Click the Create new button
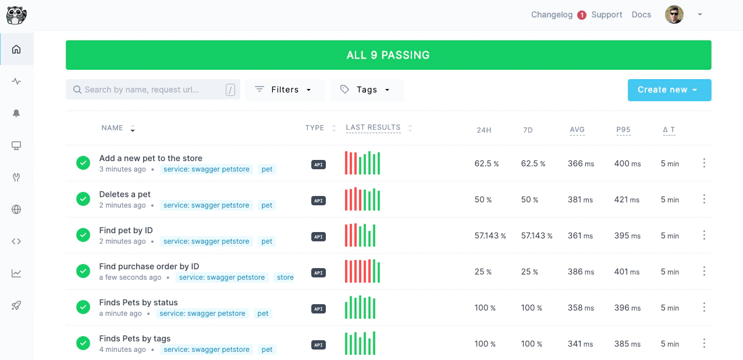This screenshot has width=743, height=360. coord(669,90)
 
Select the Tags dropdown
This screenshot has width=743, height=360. coord(367,90)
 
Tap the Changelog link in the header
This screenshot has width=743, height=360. coord(552,15)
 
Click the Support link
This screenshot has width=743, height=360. coord(606,15)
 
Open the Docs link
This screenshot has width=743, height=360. coord(641,15)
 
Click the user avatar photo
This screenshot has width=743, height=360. coord(674,15)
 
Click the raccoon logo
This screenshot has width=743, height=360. coord(16,15)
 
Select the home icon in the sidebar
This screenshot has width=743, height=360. coord(16,49)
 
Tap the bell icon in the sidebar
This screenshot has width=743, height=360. coord(16,113)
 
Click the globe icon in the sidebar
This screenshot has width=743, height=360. coord(16,209)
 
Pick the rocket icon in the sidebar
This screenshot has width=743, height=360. coord(16,305)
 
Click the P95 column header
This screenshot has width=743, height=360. coord(623,130)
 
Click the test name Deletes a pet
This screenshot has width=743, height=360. coord(125,194)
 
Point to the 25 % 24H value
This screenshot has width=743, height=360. coord(483,272)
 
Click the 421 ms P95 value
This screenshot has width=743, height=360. coord(627,199)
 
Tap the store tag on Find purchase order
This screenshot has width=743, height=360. coord(285,277)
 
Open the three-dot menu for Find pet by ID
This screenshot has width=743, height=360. coord(704,236)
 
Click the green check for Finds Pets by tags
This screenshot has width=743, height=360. coord(83,343)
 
